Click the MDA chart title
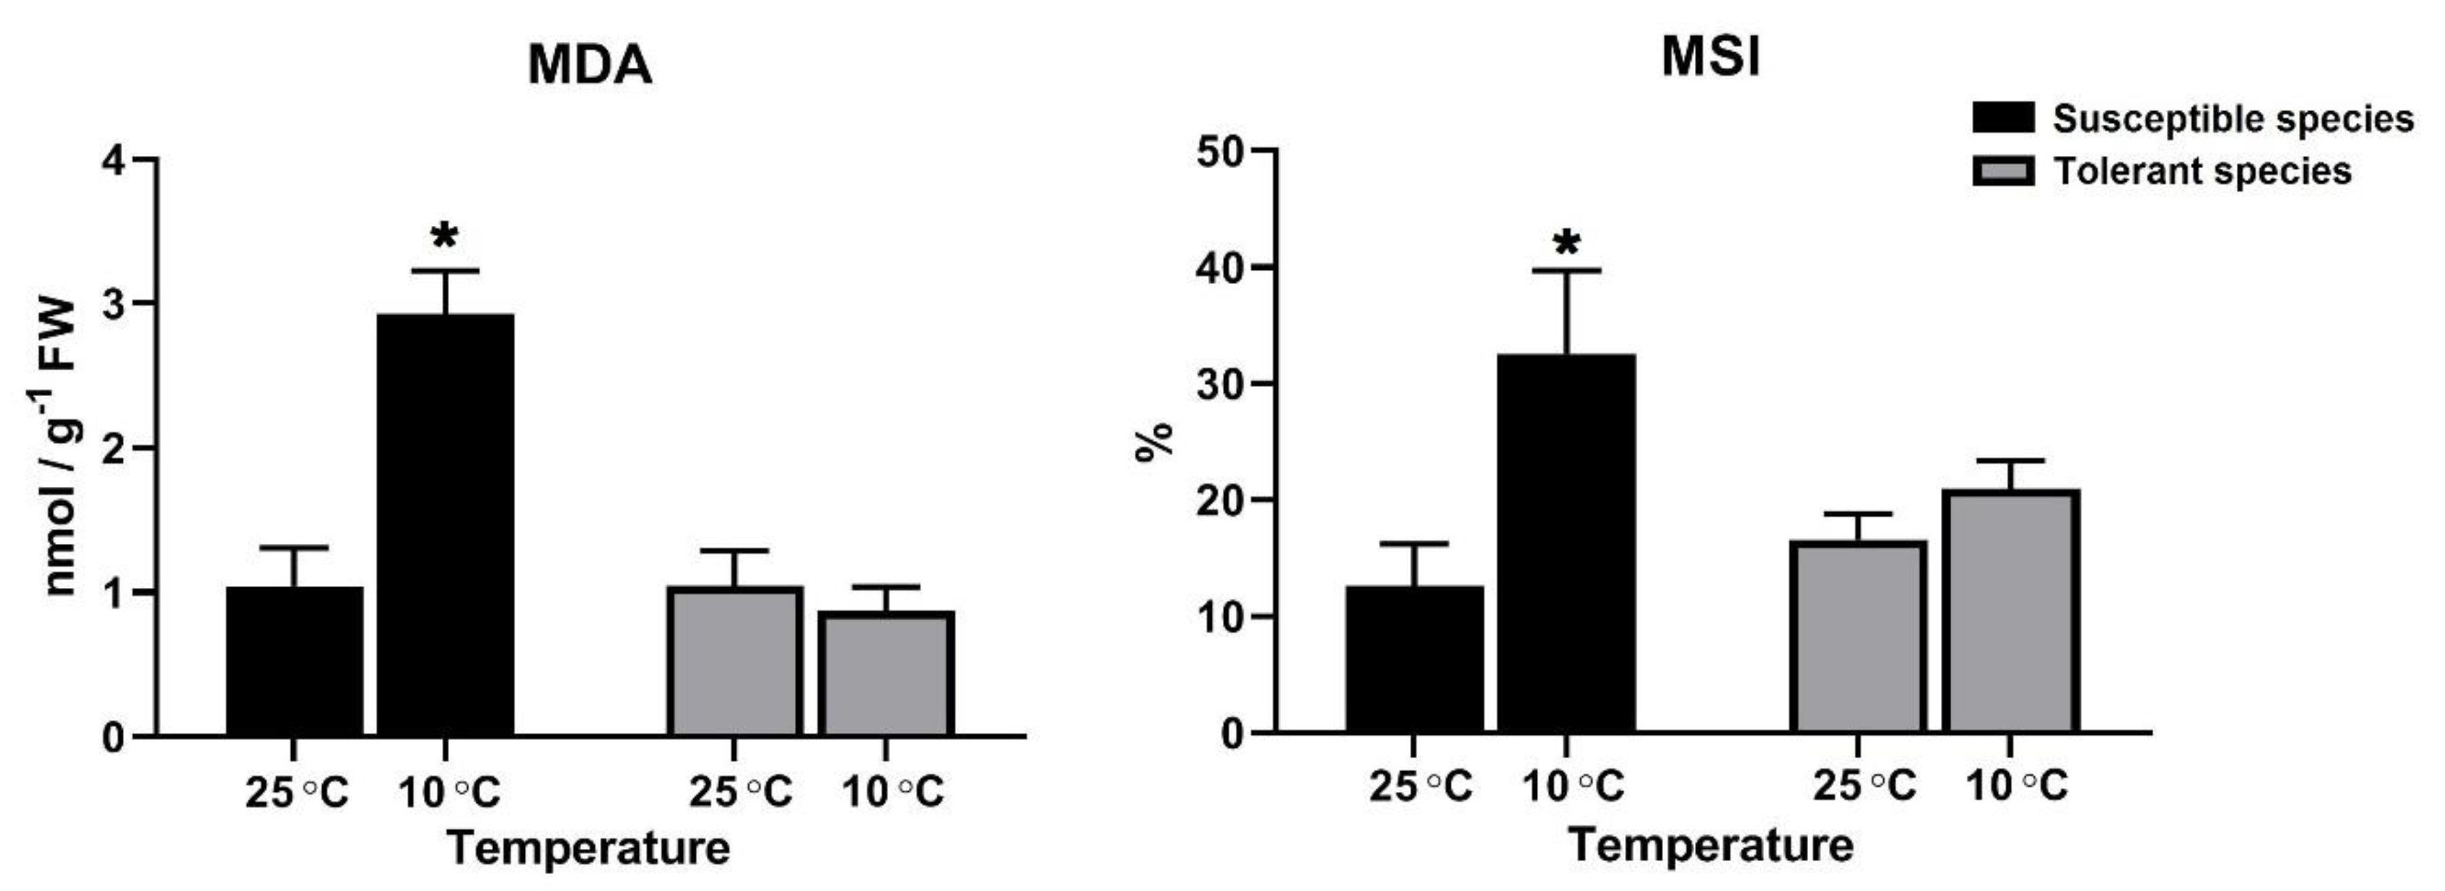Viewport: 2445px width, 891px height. (589, 66)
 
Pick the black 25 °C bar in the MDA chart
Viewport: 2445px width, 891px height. (294, 661)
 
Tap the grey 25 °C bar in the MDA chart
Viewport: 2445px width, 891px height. (734, 661)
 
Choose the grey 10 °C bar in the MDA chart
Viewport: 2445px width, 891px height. (886, 674)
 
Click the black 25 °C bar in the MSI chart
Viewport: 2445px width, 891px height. (1414, 660)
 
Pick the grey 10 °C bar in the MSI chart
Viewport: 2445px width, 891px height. (2010, 612)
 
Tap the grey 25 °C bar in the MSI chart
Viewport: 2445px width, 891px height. (1858, 637)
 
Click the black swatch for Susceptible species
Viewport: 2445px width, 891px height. (2003, 119)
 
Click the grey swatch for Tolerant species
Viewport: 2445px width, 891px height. (2003, 172)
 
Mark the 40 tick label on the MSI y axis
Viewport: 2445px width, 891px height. (1219, 269)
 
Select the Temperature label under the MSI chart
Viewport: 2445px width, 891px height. (1710, 844)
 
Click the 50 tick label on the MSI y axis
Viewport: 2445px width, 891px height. (1219, 152)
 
